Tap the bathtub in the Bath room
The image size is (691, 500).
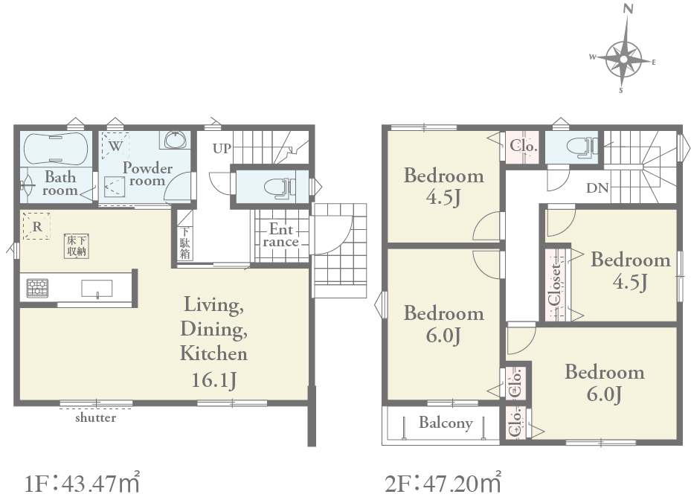[55, 149]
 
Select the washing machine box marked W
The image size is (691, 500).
[115, 145]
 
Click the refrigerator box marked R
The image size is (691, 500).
[36, 226]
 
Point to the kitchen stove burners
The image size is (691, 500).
[37, 289]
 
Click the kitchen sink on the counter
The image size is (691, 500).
[97, 289]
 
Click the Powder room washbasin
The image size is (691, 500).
[176, 140]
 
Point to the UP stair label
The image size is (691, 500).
[222, 149]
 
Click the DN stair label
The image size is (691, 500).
[597, 188]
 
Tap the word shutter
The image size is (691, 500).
[96, 417]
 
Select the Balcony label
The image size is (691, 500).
[446, 423]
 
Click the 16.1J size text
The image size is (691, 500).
[213, 380]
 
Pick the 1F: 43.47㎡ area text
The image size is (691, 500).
[82, 482]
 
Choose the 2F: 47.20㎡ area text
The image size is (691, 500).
[443, 482]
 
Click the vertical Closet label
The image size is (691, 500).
[556, 284]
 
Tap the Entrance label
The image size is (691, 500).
[280, 235]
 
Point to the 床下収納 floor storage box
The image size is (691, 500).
[76, 246]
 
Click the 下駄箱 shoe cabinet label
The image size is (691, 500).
[184, 243]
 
